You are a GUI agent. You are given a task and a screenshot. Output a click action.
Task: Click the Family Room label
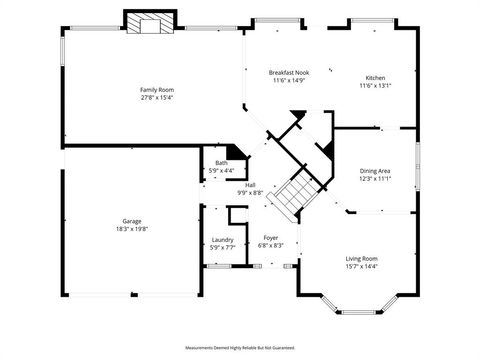coord(149,90)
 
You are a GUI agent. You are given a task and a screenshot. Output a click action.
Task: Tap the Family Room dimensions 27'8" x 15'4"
coord(149,97)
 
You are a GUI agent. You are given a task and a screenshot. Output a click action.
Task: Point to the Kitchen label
coord(375,78)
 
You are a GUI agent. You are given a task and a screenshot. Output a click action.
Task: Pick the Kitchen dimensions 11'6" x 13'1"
coord(375,85)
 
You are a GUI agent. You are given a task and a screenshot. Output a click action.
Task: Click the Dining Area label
coord(375,171)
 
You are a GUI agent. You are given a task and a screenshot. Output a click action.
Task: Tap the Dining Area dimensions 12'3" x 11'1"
coord(375,178)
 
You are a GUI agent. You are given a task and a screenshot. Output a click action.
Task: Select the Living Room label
coord(361,257)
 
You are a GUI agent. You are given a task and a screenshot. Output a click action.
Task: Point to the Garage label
coord(132,221)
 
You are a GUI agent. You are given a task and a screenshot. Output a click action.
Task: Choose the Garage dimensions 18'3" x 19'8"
coord(132,228)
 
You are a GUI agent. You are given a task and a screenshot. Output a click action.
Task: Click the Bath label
coord(221,163)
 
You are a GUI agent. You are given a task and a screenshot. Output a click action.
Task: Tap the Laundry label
coord(222,239)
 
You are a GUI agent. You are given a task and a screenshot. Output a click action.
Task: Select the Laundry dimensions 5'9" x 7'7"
coord(222,246)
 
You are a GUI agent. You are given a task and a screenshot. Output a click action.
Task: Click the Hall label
coord(250,185)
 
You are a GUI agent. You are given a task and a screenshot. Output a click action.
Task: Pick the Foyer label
coord(271,237)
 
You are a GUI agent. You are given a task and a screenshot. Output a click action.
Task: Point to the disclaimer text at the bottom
coord(240,347)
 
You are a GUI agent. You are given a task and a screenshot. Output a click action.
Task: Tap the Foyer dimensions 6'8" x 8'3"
coord(271,244)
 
